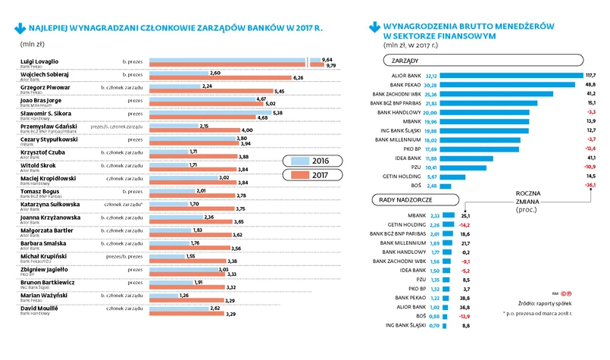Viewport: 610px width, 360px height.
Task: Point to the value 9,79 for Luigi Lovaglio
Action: click(x=329, y=66)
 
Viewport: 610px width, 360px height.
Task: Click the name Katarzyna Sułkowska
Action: click(x=48, y=204)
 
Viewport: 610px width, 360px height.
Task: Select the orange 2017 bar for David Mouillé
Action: click(x=189, y=312)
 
